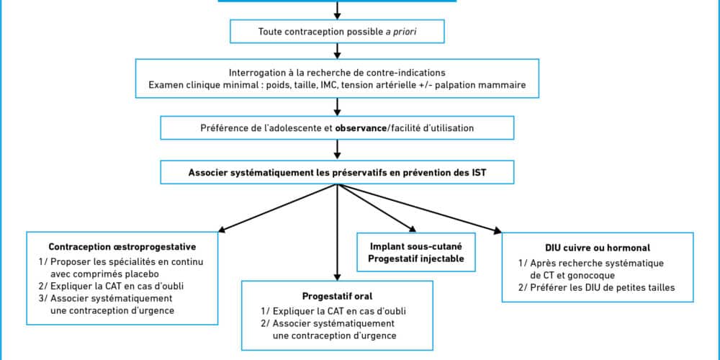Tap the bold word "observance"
pyautogui.click(x=361, y=128)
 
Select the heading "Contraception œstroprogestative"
pyautogui.click(x=122, y=246)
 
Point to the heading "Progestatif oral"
pyautogui.click(x=337, y=296)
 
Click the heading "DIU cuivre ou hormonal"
pyautogui.click(x=598, y=248)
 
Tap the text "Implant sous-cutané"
pyautogui.click(x=416, y=246)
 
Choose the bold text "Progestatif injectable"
pyautogui.click(x=416, y=258)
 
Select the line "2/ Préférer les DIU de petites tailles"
pyautogui.click(x=597, y=288)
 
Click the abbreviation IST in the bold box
pyautogui.click(x=479, y=173)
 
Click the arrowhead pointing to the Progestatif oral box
pyautogui.click(x=338, y=276)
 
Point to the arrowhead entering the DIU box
pyautogui.click(x=498, y=230)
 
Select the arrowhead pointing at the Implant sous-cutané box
pyautogui.click(x=411, y=228)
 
